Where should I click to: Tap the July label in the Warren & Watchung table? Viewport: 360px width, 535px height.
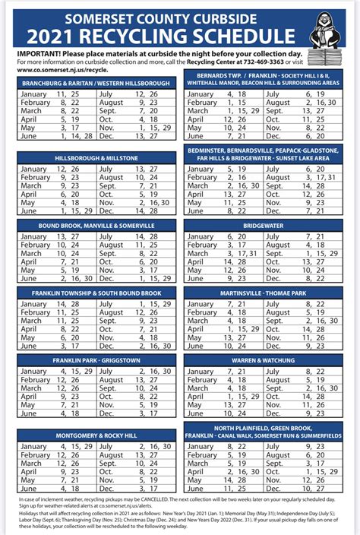[x=286, y=372]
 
